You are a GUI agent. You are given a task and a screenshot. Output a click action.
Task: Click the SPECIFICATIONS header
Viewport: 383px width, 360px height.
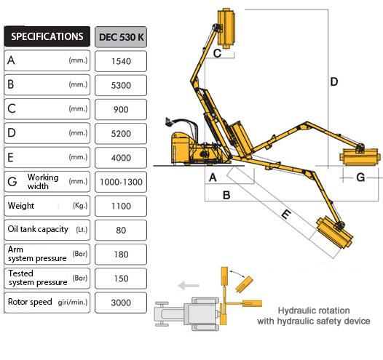point(47,36)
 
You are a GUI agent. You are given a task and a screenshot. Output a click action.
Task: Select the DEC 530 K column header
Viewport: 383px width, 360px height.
point(121,37)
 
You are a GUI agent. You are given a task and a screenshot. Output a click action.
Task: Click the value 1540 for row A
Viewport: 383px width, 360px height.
point(121,61)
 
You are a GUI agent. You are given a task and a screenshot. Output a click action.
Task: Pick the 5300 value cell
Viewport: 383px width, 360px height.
point(121,85)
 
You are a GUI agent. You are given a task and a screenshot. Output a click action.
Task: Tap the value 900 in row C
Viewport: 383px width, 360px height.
point(121,109)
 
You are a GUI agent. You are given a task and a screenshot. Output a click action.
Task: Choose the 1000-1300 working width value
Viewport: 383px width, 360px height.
point(121,182)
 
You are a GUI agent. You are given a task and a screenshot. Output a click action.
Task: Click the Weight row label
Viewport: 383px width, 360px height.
point(21,206)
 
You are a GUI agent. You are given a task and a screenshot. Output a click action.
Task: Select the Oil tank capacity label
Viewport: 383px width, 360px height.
point(38,229)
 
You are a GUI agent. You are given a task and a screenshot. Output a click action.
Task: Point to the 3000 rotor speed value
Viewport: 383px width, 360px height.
point(121,303)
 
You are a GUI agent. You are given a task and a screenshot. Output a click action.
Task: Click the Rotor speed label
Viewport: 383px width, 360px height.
point(30,302)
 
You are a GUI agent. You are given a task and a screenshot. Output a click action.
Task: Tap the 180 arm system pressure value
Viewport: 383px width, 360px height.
point(121,255)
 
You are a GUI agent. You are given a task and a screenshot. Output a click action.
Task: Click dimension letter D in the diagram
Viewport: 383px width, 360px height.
point(334,81)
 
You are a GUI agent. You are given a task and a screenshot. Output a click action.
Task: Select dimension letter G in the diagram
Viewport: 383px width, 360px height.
point(360,177)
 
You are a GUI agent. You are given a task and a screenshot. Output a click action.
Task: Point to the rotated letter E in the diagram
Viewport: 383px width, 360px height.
point(286,215)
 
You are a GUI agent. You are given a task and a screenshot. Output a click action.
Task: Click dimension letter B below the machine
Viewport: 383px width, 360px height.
point(226,195)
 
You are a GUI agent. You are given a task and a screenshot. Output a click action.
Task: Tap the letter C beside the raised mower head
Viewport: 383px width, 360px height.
point(217,53)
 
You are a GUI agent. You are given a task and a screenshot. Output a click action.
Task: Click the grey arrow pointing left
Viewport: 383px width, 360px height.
point(189,285)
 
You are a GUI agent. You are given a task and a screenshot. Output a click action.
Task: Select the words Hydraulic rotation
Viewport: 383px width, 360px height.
point(314,311)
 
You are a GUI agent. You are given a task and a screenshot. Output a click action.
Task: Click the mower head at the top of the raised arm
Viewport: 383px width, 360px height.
point(226,28)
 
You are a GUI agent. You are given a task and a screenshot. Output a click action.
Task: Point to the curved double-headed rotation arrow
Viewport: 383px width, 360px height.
point(237,273)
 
